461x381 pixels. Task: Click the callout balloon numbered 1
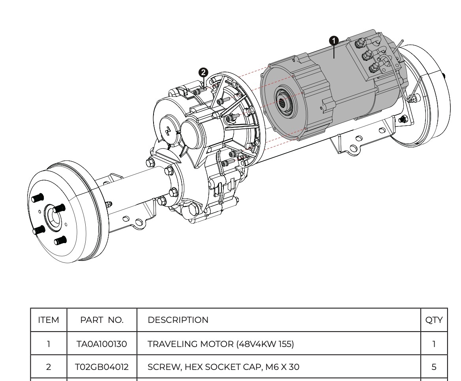click(x=334, y=40)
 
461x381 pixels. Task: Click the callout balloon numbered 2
click(x=203, y=72)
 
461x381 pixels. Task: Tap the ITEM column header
click(x=49, y=320)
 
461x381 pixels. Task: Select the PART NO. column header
click(x=102, y=320)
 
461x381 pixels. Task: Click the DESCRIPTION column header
click(x=178, y=320)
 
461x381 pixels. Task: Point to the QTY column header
click(x=434, y=320)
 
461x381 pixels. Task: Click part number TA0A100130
click(x=102, y=344)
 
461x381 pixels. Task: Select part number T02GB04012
click(x=102, y=367)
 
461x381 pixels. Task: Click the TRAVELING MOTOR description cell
click(x=221, y=344)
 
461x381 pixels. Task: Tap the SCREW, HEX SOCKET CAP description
click(x=223, y=367)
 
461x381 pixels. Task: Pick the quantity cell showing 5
click(x=434, y=367)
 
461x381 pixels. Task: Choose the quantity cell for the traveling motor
click(x=434, y=344)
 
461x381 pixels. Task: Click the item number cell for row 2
click(x=49, y=367)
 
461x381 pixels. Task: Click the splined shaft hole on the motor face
click(x=283, y=104)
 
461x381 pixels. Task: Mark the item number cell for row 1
click(x=49, y=344)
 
